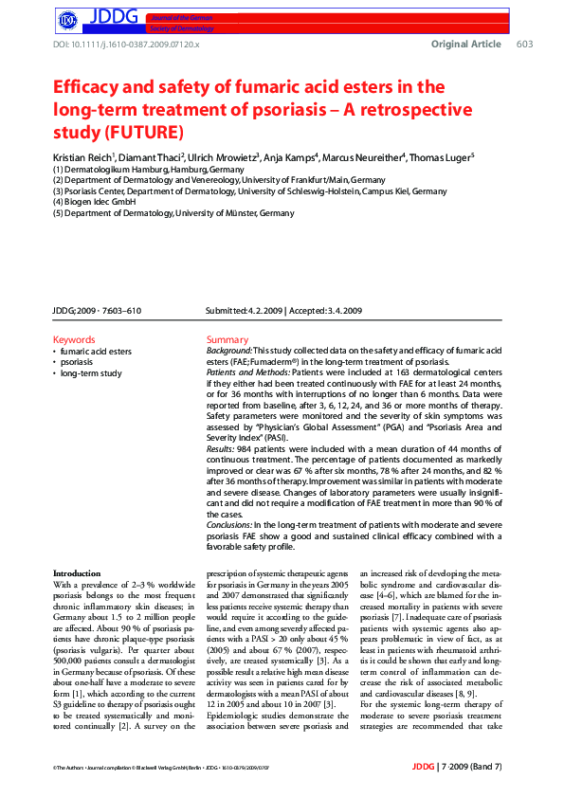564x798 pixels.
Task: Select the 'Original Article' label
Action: coord(465,45)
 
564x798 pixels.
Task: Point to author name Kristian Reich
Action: coord(82,156)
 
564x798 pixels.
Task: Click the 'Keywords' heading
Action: coord(74,339)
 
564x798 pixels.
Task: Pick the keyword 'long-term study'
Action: coord(91,373)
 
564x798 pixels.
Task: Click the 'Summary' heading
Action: coord(227,339)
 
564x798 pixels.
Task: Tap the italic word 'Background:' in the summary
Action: coord(229,351)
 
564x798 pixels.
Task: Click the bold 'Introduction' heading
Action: coord(77,573)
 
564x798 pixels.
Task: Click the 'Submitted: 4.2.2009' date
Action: coord(243,311)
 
